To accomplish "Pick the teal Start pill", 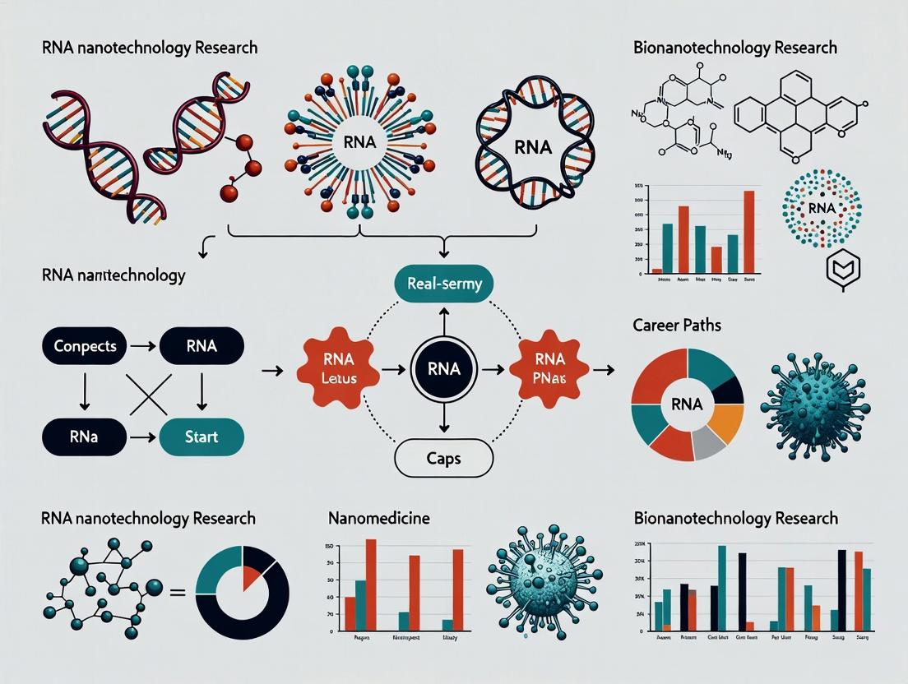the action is pos(202,437).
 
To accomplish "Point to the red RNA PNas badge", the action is pos(549,368).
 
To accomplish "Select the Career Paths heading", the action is pos(678,325).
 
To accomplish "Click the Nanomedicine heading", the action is pos(378,518).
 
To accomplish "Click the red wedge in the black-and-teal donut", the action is pos(253,571).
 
